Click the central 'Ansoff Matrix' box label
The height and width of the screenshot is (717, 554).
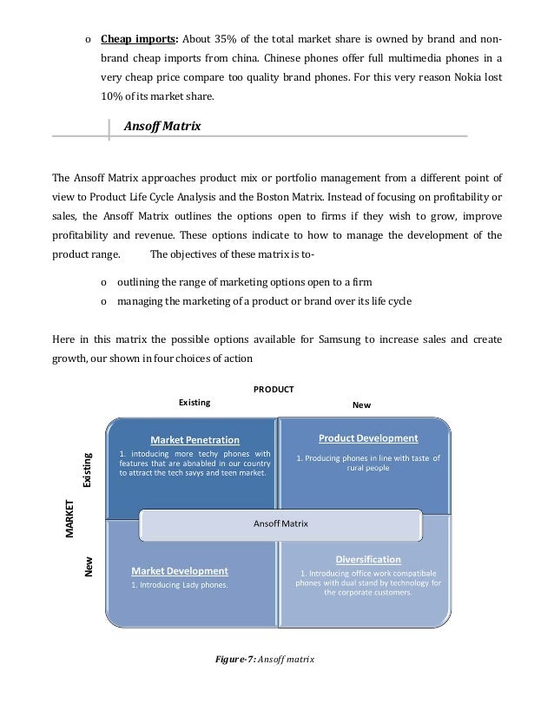(280, 523)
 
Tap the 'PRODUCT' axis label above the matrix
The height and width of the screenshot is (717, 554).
(273, 389)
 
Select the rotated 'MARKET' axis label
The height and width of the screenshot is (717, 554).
(71, 517)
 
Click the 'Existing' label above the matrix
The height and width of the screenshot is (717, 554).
(195, 403)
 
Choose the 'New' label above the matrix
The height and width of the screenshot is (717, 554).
(360, 405)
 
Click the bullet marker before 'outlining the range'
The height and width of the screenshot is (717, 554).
(103, 283)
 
